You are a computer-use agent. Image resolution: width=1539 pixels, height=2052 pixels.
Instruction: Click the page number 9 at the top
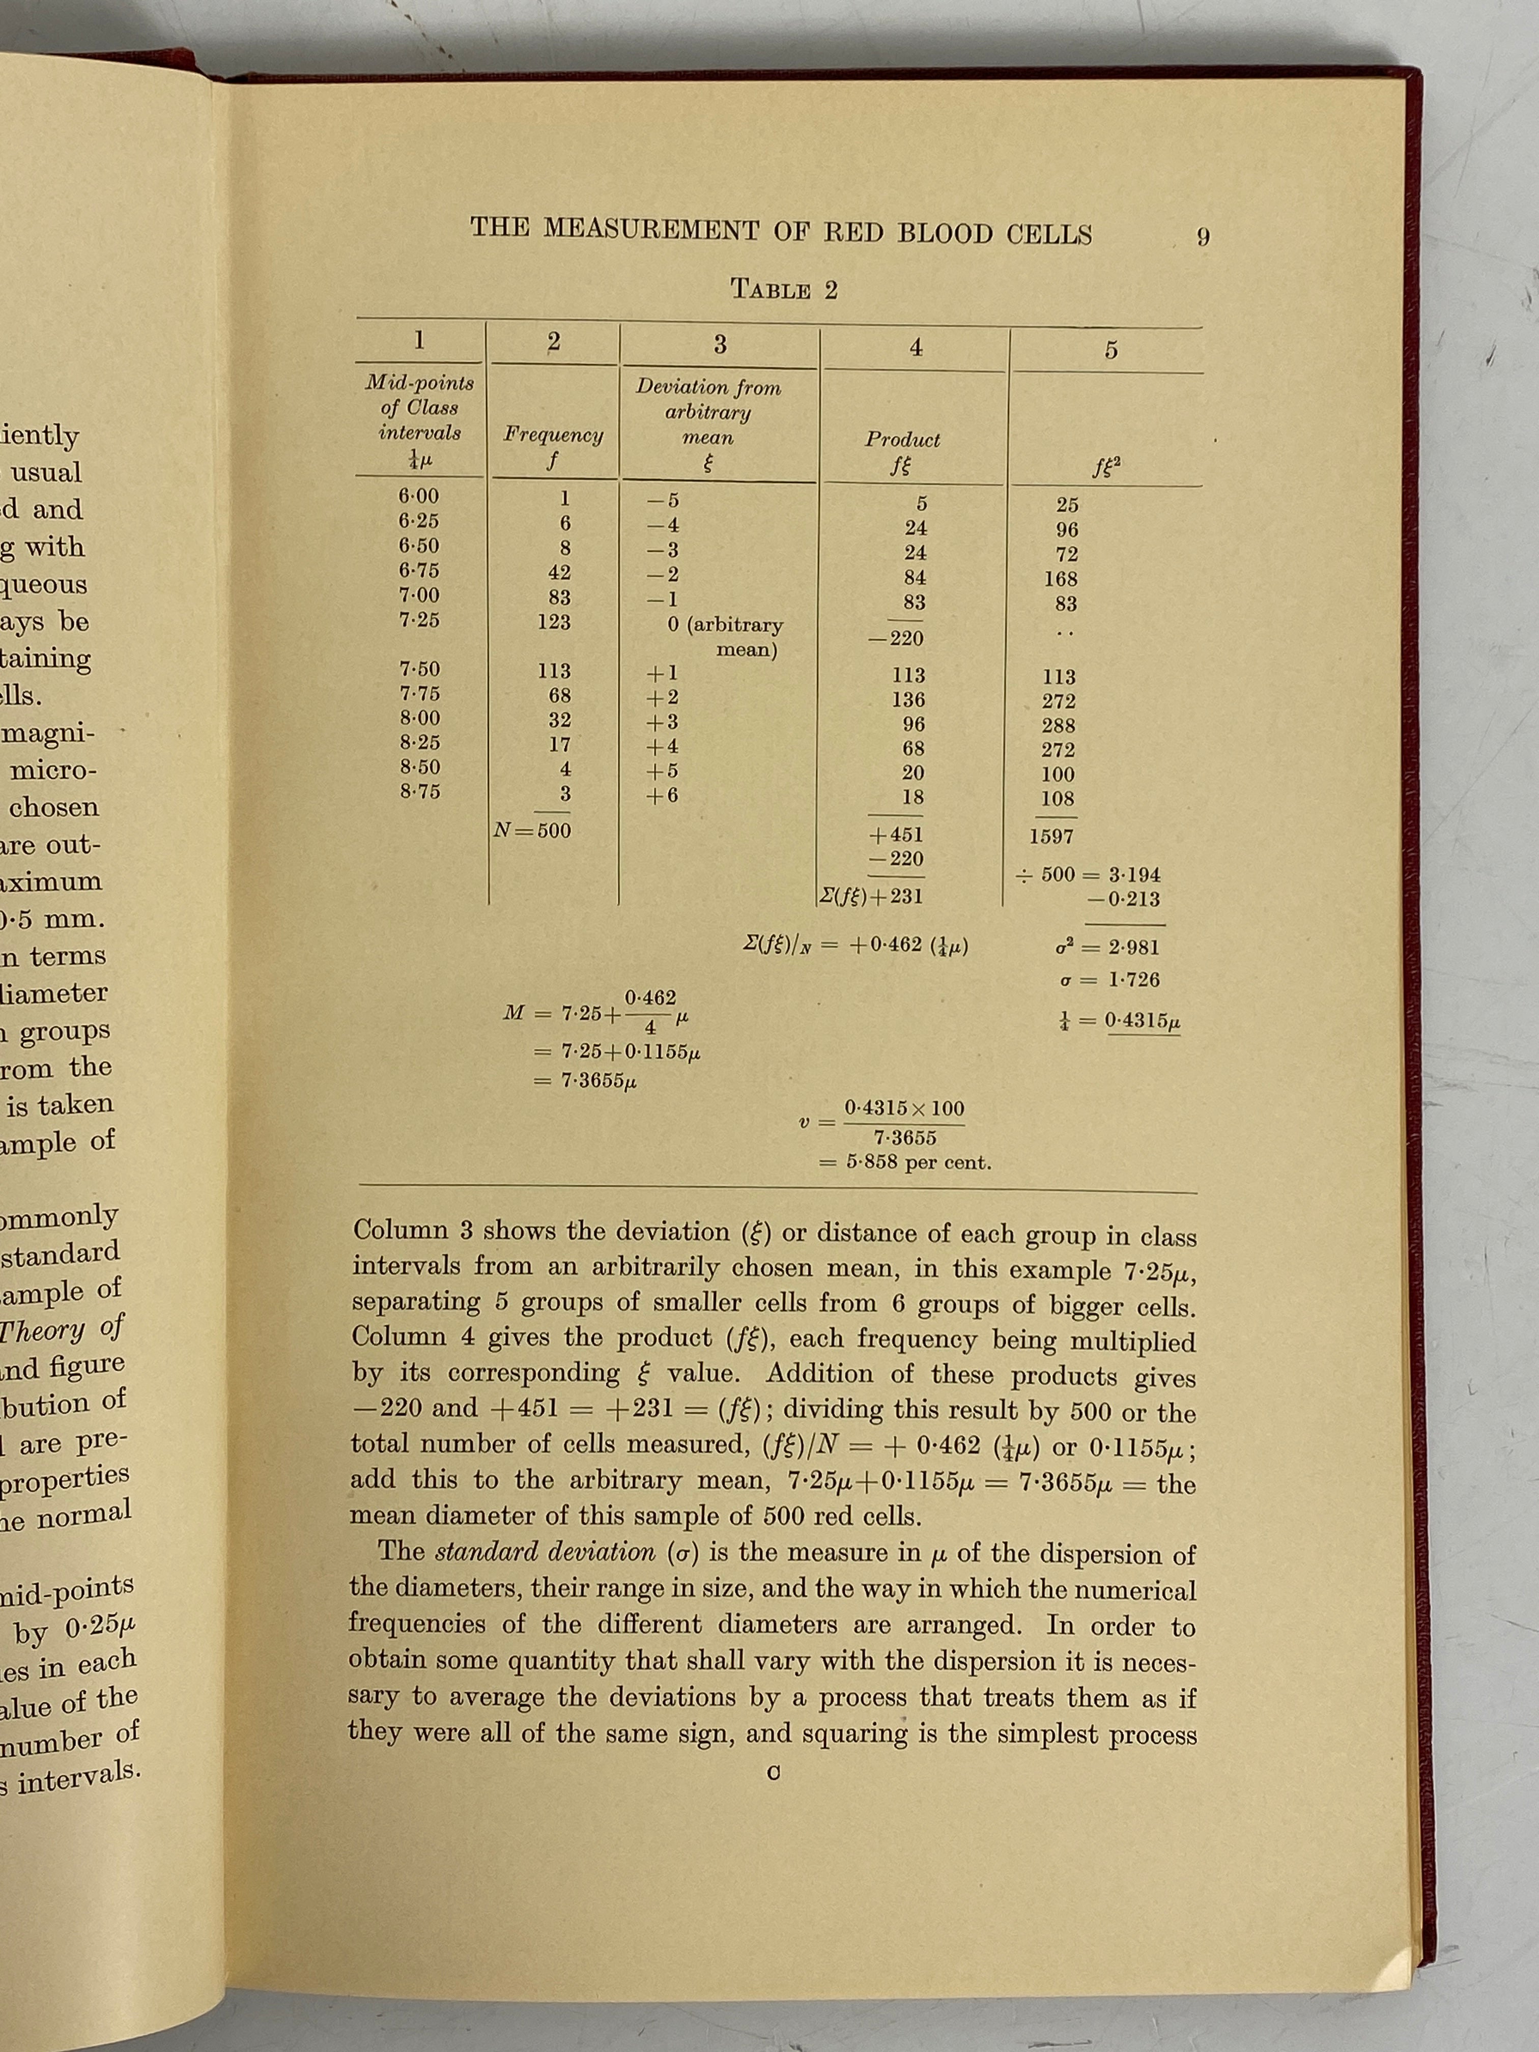[1202, 238]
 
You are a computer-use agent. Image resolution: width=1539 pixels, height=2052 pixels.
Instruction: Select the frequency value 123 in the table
[554, 621]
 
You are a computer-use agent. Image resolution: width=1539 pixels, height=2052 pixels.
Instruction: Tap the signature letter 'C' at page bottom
[773, 1773]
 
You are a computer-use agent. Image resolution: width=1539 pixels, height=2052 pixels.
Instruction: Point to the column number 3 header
[720, 344]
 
